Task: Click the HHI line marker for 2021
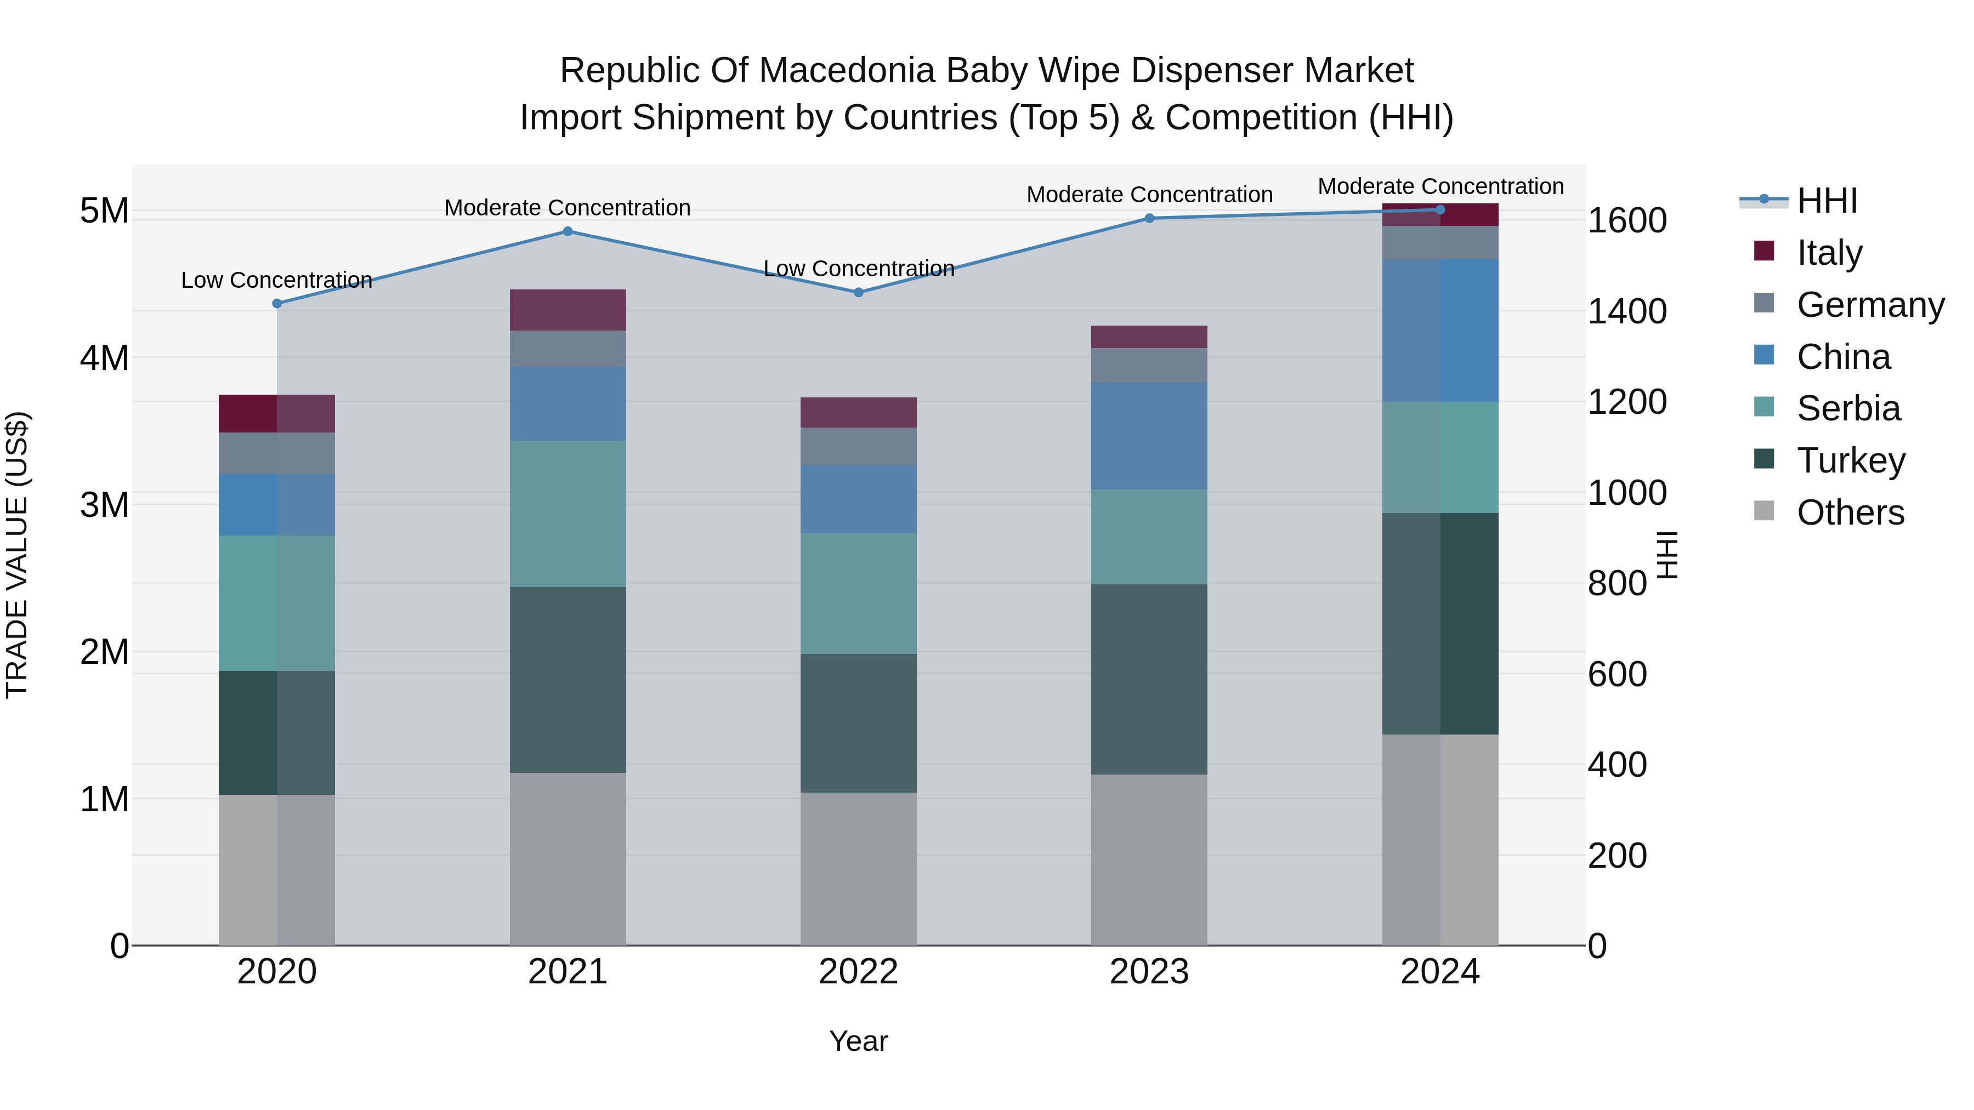568,231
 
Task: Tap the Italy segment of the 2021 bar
568,310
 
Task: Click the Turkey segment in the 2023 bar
1149,680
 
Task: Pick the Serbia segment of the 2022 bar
858,594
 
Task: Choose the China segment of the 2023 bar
1149,436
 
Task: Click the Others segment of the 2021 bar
568,859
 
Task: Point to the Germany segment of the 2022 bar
858,447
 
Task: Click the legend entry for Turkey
1850,460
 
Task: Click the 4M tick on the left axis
104,358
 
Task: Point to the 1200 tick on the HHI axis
1627,402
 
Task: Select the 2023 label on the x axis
1149,972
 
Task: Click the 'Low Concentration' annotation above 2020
277,280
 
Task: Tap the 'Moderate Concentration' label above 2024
1440,186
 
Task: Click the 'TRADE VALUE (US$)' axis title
17,555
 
